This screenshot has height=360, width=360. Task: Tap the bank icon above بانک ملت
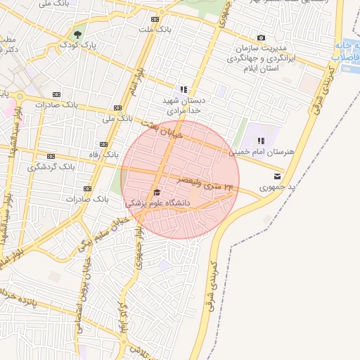(x=155, y=19)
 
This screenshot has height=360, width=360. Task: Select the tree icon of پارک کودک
(x=77, y=34)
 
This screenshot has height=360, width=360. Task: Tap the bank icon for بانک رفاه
(x=103, y=144)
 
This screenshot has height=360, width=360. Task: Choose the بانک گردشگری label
(x=51, y=167)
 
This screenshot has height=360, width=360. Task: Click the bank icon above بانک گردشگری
(x=51, y=156)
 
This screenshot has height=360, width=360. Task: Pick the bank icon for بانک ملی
(x=118, y=108)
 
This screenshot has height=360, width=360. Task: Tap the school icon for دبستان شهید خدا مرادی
(x=184, y=89)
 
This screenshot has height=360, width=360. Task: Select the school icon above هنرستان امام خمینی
(x=261, y=140)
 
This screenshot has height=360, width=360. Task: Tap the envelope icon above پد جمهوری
(x=278, y=176)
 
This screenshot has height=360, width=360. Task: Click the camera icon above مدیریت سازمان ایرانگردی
(x=262, y=37)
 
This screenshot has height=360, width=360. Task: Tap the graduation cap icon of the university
(x=156, y=192)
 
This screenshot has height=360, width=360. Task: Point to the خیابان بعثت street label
(x=161, y=128)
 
